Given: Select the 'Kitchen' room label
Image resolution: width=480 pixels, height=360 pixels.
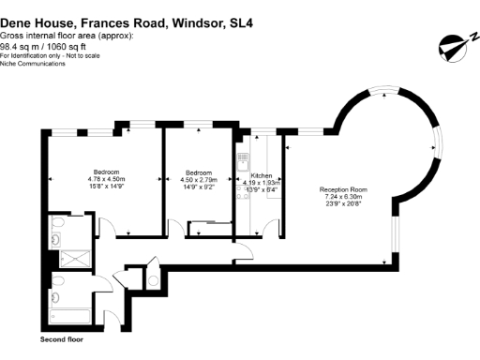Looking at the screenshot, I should pos(261,175).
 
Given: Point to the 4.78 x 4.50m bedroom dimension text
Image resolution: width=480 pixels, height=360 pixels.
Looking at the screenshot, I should pos(106,179).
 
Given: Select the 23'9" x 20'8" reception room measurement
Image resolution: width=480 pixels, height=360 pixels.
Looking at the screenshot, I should pos(340,202).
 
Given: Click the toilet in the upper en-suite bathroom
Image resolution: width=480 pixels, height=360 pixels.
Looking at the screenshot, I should pos(57,223).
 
